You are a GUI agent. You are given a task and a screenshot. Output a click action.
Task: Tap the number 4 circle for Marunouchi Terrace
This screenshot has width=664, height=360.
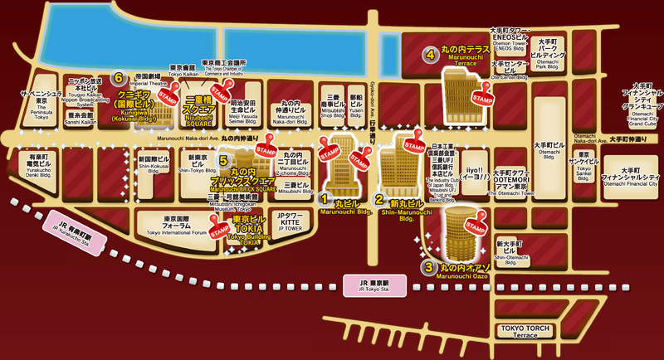430,56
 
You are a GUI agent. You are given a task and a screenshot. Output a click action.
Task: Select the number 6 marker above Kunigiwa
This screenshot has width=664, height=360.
119,78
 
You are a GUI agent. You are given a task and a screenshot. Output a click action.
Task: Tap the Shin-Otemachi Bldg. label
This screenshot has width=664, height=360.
507,249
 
